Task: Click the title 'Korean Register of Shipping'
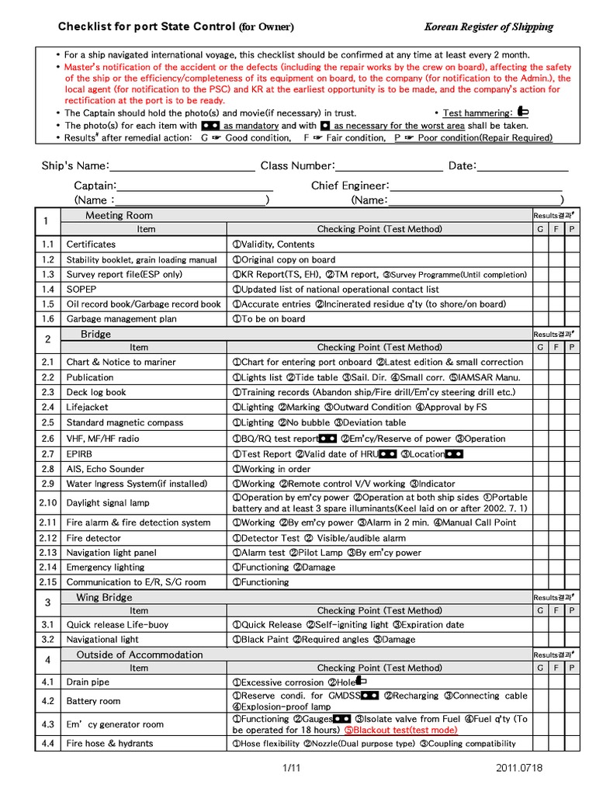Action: pos(488,27)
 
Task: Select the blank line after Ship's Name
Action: pos(182,166)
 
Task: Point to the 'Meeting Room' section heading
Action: pos(119,215)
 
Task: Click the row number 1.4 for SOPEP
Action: pos(48,289)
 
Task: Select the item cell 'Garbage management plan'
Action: pos(121,318)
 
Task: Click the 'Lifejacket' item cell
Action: pos(88,407)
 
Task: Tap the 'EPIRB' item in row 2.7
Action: pos(80,453)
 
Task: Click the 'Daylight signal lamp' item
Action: pos(108,503)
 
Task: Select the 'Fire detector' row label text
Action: pos(94,538)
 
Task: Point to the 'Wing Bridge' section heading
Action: pos(104,597)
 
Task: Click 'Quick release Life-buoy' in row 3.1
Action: pos(117,624)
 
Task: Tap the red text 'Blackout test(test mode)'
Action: pos(401,730)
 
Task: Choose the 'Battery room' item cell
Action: pos(94,701)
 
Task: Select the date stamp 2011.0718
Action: pos(524,768)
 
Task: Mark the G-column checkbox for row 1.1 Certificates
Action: pos(540,244)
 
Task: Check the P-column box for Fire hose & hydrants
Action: pos(571,743)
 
